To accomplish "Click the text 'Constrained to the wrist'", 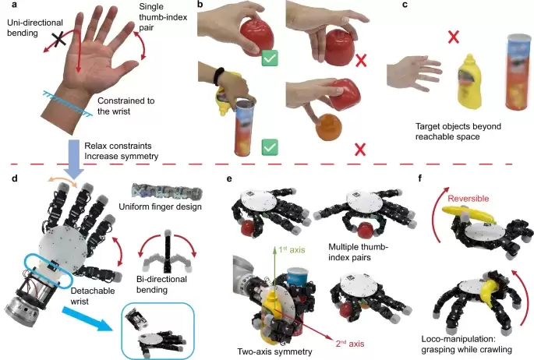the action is [126, 106].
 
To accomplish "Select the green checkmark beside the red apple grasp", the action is [270, 58].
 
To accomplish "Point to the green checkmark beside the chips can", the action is [270, 147].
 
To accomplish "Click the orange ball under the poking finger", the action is [329, 127].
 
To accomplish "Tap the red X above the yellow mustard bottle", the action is [453, 37].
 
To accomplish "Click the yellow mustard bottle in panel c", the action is [469, 81].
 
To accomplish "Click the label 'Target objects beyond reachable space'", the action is [458, 132].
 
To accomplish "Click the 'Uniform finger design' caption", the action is [160, 206].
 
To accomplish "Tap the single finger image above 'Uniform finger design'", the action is [167, 192].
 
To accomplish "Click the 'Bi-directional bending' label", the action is [162, 284].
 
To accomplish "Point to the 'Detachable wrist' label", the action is [93, 296].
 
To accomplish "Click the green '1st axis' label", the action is [292, 250].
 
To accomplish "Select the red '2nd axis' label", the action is [350, 344].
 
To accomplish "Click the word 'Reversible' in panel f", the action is [469, 199].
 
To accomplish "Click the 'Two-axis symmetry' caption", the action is [274, 351].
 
